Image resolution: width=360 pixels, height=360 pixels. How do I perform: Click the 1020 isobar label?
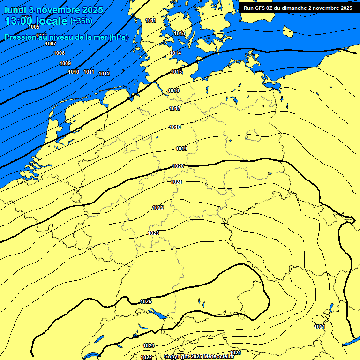tap(178, 166)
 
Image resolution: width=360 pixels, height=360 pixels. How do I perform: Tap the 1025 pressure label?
tap(146, 301)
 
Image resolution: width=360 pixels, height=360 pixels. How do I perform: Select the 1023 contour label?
tap(154, 233)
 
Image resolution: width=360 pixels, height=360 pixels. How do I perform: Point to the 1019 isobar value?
tap(182, 149)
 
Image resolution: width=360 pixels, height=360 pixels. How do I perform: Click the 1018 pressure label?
tap(175, 127)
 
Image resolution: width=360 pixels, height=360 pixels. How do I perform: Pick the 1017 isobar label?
tap(175, 108)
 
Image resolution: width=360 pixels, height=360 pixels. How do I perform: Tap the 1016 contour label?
tap(174, 90)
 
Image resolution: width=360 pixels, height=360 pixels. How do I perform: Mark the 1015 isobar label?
tap(177, 72)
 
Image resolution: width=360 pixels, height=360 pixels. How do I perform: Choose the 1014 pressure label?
tap(175, 53)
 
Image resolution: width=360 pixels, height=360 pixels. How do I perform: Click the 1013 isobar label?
tap(180, 33)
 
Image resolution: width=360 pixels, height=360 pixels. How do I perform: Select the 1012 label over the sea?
tap(104, 74)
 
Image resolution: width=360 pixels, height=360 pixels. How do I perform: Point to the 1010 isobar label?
tap(74, 72)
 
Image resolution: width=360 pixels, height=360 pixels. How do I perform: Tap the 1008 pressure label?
tap(59, 53)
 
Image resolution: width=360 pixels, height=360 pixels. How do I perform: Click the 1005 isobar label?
tap(34, 27)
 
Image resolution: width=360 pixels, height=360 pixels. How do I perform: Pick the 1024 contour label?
tap(149, 345)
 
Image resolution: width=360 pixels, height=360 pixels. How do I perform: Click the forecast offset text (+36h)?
tap(81, 21)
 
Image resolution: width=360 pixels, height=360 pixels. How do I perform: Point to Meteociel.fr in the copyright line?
tap(222, 357)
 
